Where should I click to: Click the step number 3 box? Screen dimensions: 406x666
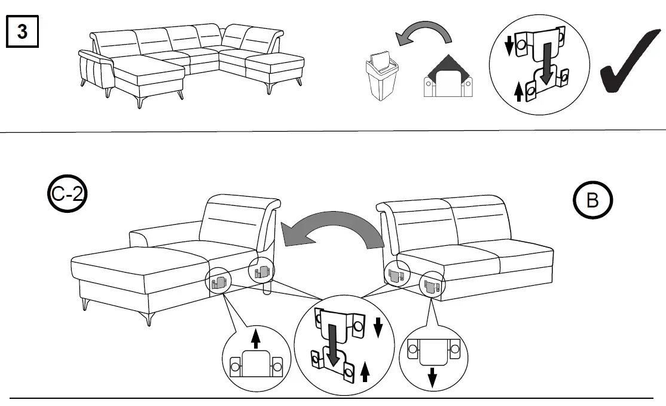(x=22, y=31)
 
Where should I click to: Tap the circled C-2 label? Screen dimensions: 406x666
(x=66, y=197)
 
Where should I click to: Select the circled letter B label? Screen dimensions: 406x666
(x=592, y=201)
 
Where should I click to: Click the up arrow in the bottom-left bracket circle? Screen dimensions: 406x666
(x=256, y=340)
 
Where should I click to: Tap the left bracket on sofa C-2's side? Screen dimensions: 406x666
(x=219, y=282)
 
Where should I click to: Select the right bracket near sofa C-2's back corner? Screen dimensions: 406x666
(x=260, y=274)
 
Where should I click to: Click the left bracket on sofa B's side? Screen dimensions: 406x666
(x=395, y=276)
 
